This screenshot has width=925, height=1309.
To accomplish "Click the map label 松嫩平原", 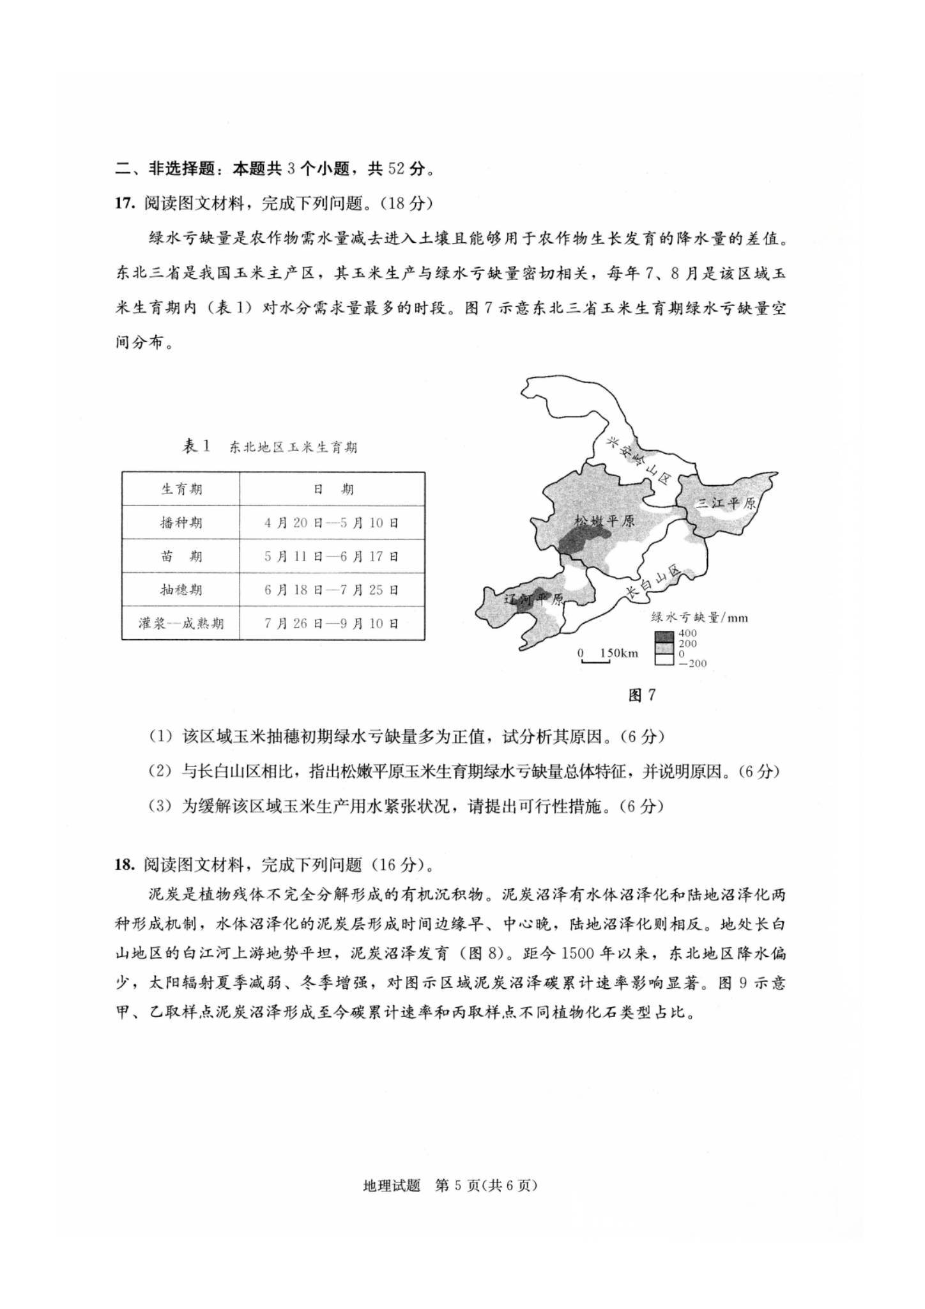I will tap(604, 520).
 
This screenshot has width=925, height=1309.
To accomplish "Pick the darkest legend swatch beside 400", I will tap(664, 636).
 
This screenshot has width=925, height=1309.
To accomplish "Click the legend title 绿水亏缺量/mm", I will tap(699, 617).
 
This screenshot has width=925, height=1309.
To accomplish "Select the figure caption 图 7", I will tap(642, 695).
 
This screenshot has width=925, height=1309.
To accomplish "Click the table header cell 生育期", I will tap(181, 490).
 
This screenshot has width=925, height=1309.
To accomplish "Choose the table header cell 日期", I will tap(333, 490).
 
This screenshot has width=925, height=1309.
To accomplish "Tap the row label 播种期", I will tap(181, 523).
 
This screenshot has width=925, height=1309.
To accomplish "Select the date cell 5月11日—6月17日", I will tap(332, 556).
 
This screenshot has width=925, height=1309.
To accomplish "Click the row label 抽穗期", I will tap(181, 589).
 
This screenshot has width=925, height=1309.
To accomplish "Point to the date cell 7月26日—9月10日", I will tap(332, 623).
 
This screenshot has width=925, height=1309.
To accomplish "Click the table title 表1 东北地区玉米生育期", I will tap(270, 447).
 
